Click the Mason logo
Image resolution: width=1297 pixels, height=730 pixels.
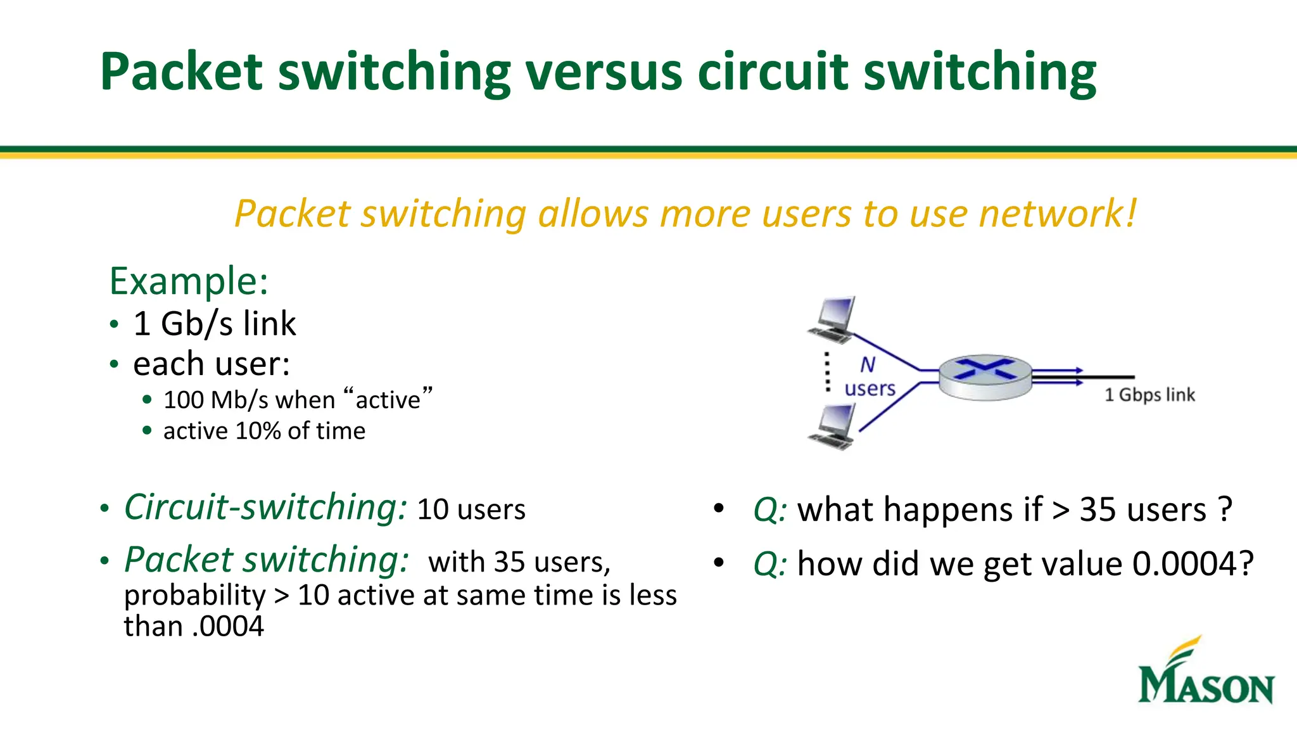click(1206, 672)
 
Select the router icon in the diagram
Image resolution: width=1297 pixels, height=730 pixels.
click(985, 378)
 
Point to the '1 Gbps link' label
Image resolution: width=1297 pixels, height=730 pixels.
click(1149, 395)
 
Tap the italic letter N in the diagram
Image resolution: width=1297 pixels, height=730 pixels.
click(868, 365)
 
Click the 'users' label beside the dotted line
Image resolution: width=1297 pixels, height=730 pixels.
click(870, 388)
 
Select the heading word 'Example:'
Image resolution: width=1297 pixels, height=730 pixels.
click(189, 281)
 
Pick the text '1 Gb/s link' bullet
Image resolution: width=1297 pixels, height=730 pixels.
click(214, 324)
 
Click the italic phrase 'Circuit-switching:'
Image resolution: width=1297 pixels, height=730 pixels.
click(265, 508)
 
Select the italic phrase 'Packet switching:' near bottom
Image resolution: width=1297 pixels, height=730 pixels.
click(267, 560)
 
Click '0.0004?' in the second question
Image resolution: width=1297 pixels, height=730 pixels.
click(1193, 563)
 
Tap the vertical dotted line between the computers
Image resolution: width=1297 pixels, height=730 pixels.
click(827, 372)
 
